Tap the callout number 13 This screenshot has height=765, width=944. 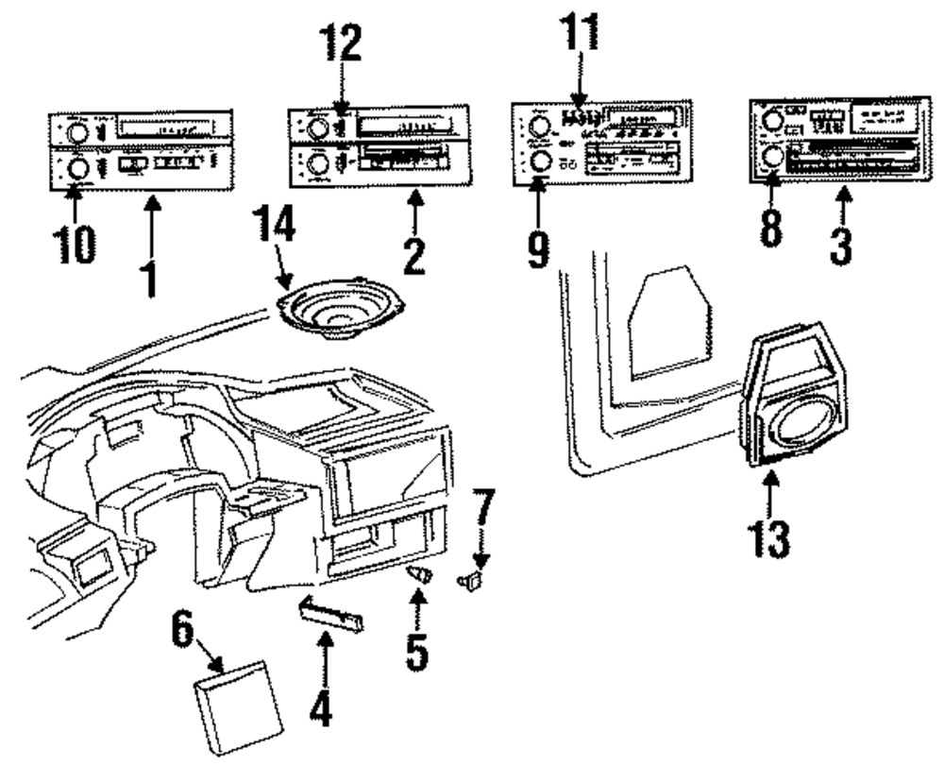[770, 535]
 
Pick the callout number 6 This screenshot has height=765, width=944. [186, 633]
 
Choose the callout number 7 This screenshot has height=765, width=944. [483, 511]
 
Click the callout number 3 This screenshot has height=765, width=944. [840, 242]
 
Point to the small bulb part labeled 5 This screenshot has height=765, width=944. [419, 575]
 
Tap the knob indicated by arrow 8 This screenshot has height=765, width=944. [772, 157]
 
